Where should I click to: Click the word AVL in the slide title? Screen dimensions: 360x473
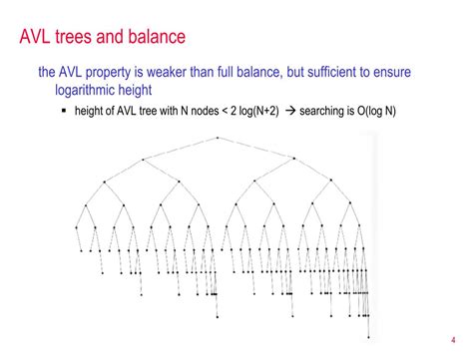pyautogui.click(x=43, y=38)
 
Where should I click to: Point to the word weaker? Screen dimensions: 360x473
pyautogui.click(x=202, y=73)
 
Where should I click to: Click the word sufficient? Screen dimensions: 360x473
pyautogui.click(x=366, y=73)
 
